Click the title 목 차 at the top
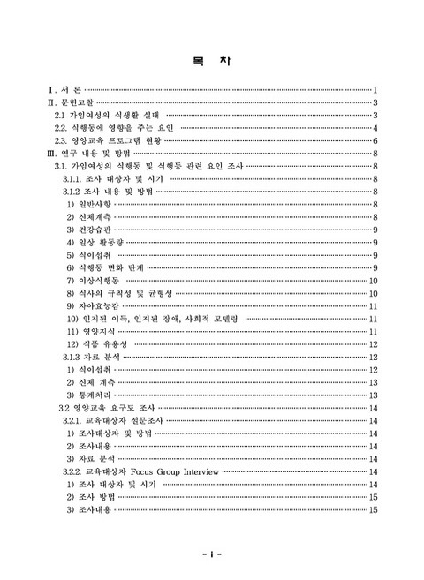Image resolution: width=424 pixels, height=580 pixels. (211, 61)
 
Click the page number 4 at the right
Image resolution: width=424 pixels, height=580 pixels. (375, 128)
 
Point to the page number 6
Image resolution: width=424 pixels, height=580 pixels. (375, 140)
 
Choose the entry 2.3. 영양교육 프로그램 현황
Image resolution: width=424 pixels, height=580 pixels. (109, 140)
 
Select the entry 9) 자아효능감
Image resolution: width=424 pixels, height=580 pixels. (93, 306)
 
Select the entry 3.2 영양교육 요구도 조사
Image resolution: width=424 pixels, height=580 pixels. (106, 409)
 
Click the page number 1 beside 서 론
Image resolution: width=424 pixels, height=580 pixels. (375, 90)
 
